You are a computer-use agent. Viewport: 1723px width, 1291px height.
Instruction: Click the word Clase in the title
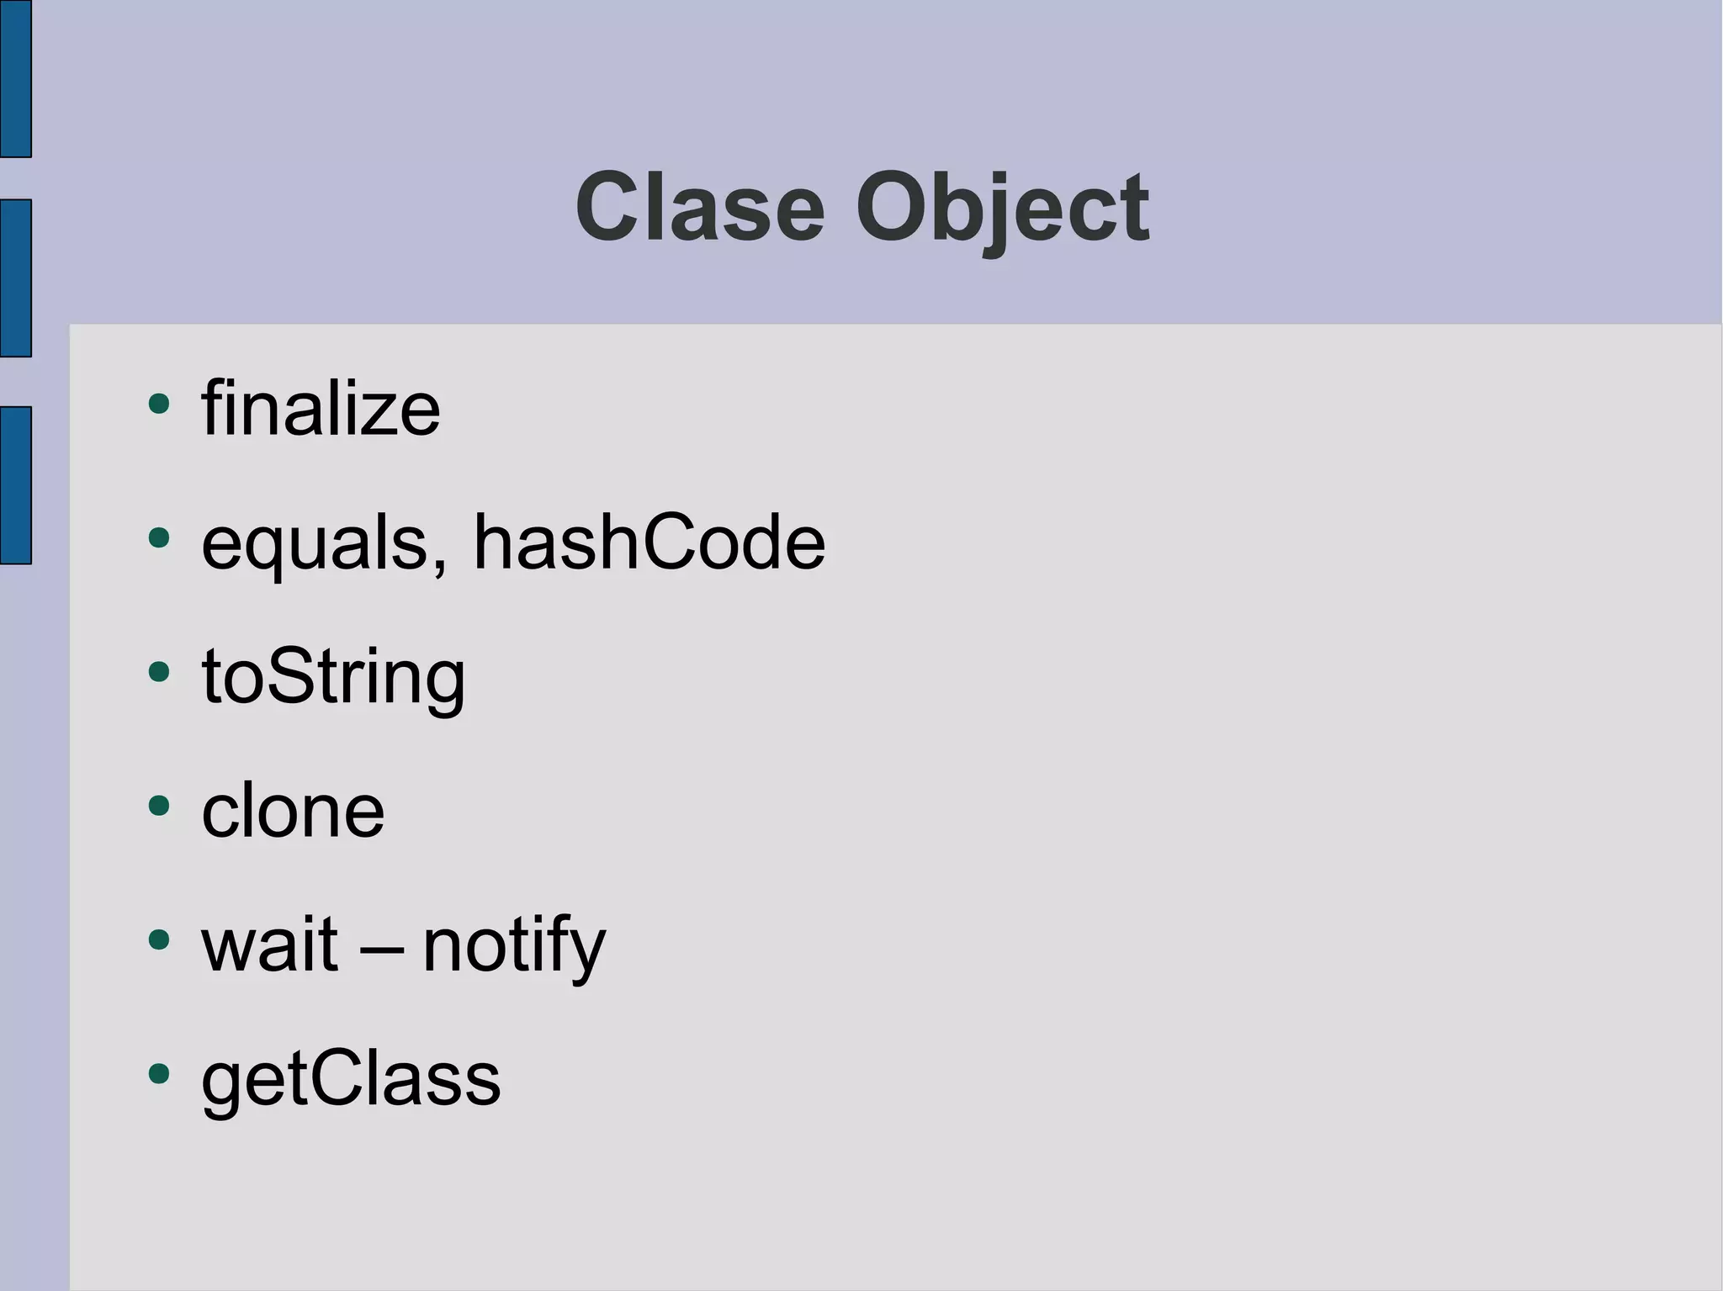[699, 208]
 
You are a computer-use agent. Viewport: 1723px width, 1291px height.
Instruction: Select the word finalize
[321, 410]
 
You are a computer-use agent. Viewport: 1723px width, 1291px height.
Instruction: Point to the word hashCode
[649, 542]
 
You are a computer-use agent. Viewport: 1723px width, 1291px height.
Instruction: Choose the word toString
[333, 677]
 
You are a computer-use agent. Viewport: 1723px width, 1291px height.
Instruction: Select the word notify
[514, 945]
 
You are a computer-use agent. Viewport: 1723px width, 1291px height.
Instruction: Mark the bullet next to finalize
[158, 404]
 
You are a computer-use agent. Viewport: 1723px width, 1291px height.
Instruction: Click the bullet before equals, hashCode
[158, 537]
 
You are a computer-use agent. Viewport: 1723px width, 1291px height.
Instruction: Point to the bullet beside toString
[158, 671]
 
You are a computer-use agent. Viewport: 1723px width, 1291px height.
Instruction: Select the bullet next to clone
[158, 805]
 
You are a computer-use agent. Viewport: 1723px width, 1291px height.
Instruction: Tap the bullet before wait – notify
[158, 939]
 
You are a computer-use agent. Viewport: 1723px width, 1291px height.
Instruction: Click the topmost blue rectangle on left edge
[15, 78]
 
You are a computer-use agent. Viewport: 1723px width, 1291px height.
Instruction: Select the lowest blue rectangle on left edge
[15, 485]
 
